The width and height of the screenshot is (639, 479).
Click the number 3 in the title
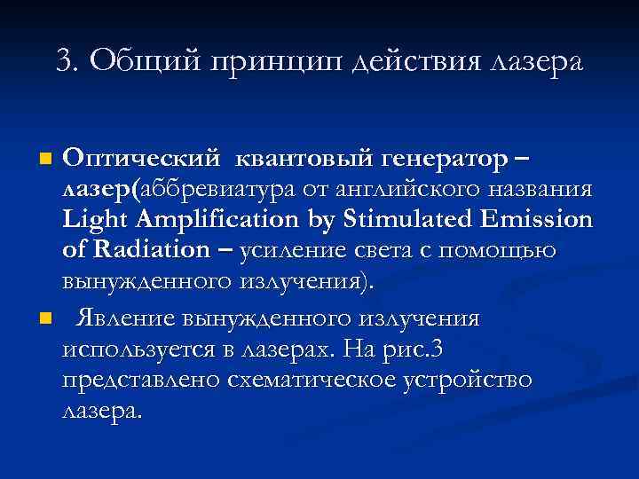(x=62, y=61)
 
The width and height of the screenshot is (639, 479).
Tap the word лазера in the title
(x=533, y=62)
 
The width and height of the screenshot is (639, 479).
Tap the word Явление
(x=126, y=318)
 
